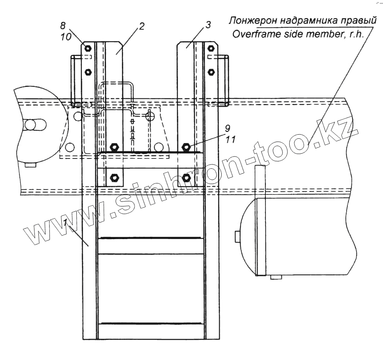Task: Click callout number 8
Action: pos(63,25)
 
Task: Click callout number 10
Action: pos(66,37)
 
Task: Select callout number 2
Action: pos(142,26)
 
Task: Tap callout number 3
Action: pos(208,25)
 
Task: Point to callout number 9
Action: pos(228,128)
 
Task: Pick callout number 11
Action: pos(230,139)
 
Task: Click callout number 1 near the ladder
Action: pos(65,222)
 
